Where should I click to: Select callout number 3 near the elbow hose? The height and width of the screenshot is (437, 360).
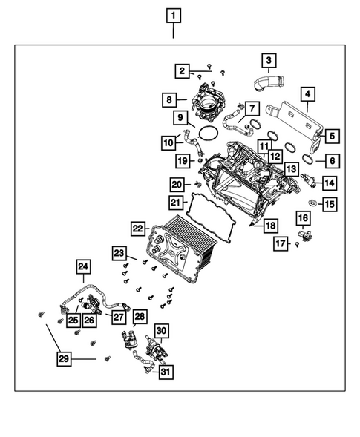tap(268, 59)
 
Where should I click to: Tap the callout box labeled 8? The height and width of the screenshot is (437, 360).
tap(170, 99)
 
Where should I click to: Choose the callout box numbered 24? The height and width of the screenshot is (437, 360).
tap(84, 266)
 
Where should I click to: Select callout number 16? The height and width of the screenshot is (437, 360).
tap(303, 217)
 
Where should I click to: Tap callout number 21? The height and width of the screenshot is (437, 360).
tap(175, 202)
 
